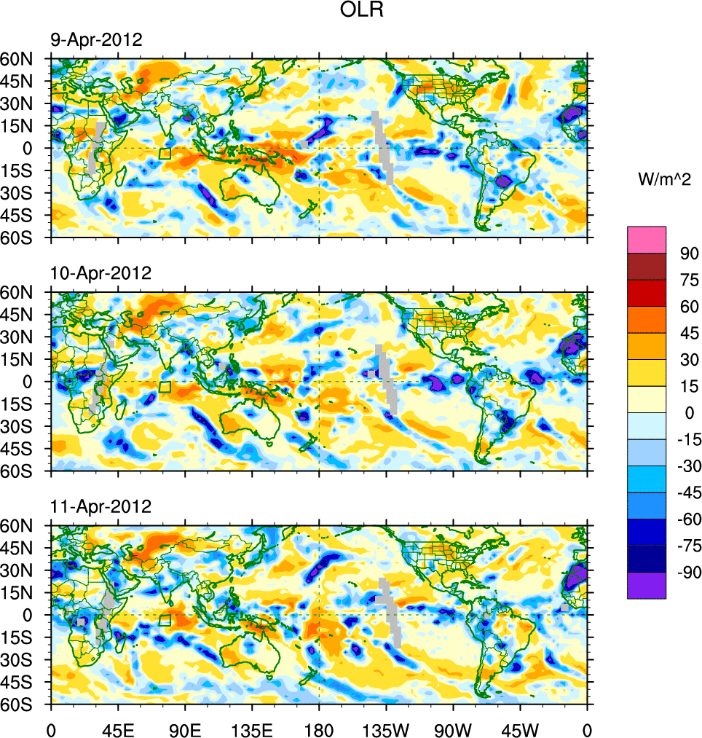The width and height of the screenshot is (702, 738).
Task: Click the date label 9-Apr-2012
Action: tap(96, 39)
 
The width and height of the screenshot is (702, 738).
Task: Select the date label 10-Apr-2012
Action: tap(100, 273)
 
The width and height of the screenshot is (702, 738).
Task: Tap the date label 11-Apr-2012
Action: tap(100, 506)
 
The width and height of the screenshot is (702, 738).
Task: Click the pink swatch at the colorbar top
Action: tap(647, 239)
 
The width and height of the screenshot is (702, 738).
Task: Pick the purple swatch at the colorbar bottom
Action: tap(647, 585)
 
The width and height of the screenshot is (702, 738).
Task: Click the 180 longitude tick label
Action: tap(319, 729)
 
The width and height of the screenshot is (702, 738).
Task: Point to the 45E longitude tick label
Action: tap(117, 729)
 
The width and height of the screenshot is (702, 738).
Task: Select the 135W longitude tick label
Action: tap(386, 729)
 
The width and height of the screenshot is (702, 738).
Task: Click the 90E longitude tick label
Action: tap(185, 729)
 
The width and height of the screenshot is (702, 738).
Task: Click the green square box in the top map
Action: tap(165, 154)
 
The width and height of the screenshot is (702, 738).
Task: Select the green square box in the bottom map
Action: tap(165, 620)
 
